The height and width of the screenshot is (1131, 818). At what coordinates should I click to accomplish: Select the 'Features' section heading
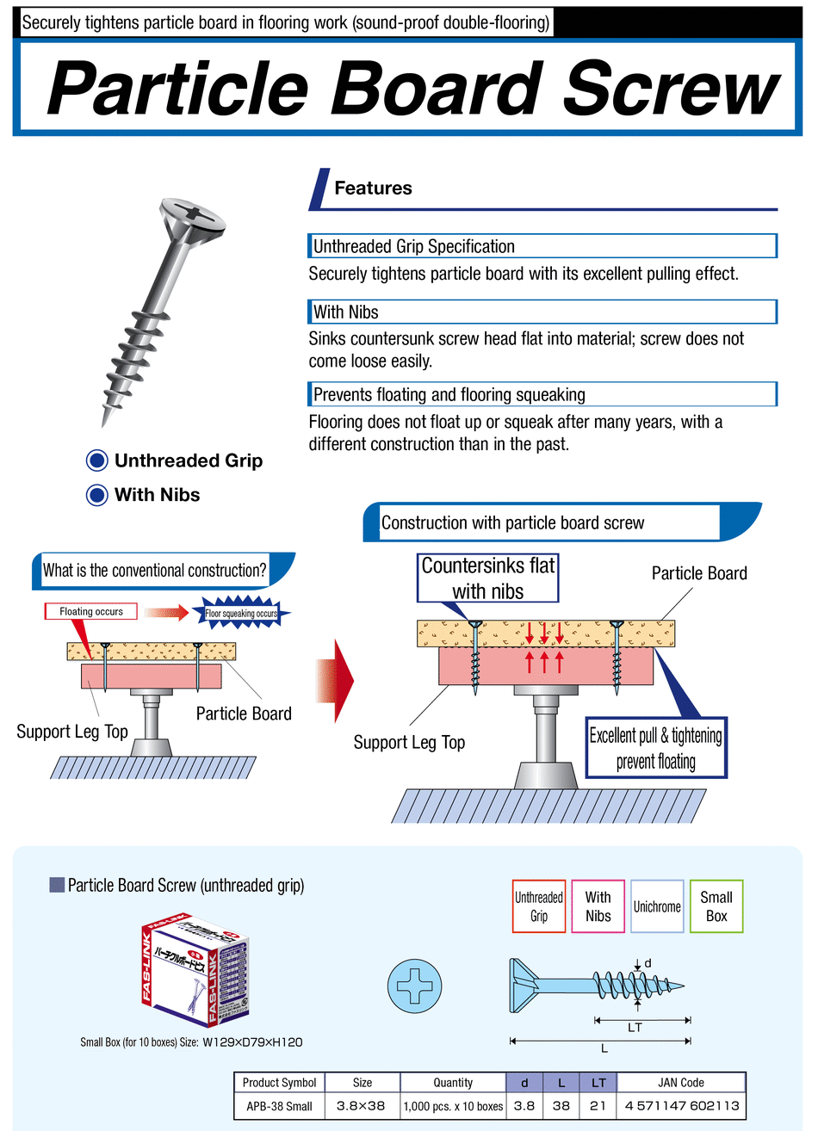click(x=373, y=188)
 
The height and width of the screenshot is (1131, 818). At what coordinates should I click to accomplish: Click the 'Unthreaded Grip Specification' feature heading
click(x=413, y=246)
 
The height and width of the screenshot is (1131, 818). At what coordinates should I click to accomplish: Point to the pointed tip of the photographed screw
click(x=105, y=421)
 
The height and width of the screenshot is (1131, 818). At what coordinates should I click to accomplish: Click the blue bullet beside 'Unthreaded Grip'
click(x=97, y=461)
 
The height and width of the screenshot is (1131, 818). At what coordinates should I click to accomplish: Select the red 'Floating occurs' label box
click(x=90, y=612)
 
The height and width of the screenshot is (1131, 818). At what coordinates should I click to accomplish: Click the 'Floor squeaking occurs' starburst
click(x=241, y=614)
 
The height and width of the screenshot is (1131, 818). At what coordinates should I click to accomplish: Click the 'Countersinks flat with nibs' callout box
click(x=488, y=578)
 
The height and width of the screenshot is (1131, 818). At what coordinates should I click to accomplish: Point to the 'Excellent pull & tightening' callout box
click(x=656, y=748)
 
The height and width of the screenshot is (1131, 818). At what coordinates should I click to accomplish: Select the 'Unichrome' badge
click(x=657, y=906)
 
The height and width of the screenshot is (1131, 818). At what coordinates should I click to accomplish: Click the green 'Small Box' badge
click(x=716, y=906)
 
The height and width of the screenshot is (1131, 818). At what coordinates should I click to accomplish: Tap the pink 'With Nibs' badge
click(x=598, y=906)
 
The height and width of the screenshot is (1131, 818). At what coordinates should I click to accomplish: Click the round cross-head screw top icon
click(x=415, y=986)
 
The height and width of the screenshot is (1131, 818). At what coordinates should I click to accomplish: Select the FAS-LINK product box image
click(x=195, y=973)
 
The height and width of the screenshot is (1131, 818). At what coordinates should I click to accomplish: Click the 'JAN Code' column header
click(x=680, y=1083)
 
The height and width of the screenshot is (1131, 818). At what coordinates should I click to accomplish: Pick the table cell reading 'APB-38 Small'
click(x=279, y=1106)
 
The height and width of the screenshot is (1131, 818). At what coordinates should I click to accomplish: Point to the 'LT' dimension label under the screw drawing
click(x=635, y=1028)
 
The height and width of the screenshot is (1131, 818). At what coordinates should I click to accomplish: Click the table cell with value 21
click(x=598, y=1106)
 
